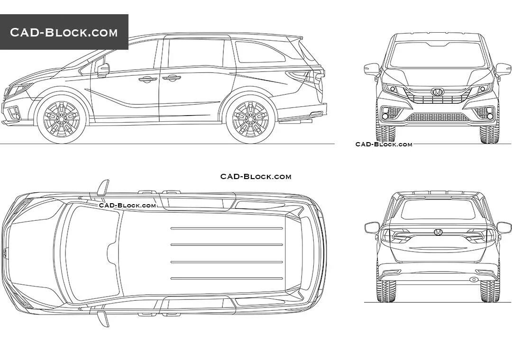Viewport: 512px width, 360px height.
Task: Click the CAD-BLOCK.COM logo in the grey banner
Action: (64, 32)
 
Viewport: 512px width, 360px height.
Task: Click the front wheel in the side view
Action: (62, 118)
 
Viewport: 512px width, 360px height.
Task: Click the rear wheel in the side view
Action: (250, 118)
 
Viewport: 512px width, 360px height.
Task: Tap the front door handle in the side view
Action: (148, 79)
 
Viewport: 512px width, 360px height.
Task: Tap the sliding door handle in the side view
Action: (171, 78)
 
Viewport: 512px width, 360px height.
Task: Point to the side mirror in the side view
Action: (103, 70)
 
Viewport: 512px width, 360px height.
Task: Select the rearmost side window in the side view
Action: (260, 52)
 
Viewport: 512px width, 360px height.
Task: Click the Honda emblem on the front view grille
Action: (437, 92)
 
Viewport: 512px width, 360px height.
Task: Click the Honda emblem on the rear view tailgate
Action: (438, 232)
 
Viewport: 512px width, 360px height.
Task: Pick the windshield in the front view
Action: (437, 55)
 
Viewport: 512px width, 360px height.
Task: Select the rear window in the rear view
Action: (438, 209)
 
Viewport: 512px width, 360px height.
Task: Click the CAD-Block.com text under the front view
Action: (384, 144)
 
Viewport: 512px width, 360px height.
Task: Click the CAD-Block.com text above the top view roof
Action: (256, 177)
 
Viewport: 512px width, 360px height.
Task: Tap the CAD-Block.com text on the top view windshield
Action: (128, 205)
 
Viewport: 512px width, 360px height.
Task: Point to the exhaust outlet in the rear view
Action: (473, 279)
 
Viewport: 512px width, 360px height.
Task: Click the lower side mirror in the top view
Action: (103, 318)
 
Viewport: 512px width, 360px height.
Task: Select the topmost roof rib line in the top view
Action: (227, 228)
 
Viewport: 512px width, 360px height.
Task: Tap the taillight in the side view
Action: (308, 76)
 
